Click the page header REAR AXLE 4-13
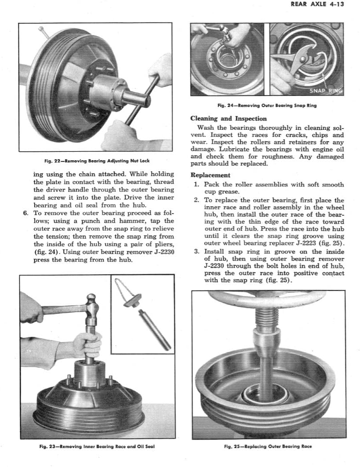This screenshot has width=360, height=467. [317, 5]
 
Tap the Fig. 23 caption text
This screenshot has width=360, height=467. [96, 446]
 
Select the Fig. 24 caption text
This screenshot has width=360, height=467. [267, 105]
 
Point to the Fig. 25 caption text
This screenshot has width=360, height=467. [268, 446]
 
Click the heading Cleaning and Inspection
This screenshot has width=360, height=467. [228, 118]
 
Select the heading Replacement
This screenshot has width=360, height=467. [210, 175]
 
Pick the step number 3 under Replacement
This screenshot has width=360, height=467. [197, 251]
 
